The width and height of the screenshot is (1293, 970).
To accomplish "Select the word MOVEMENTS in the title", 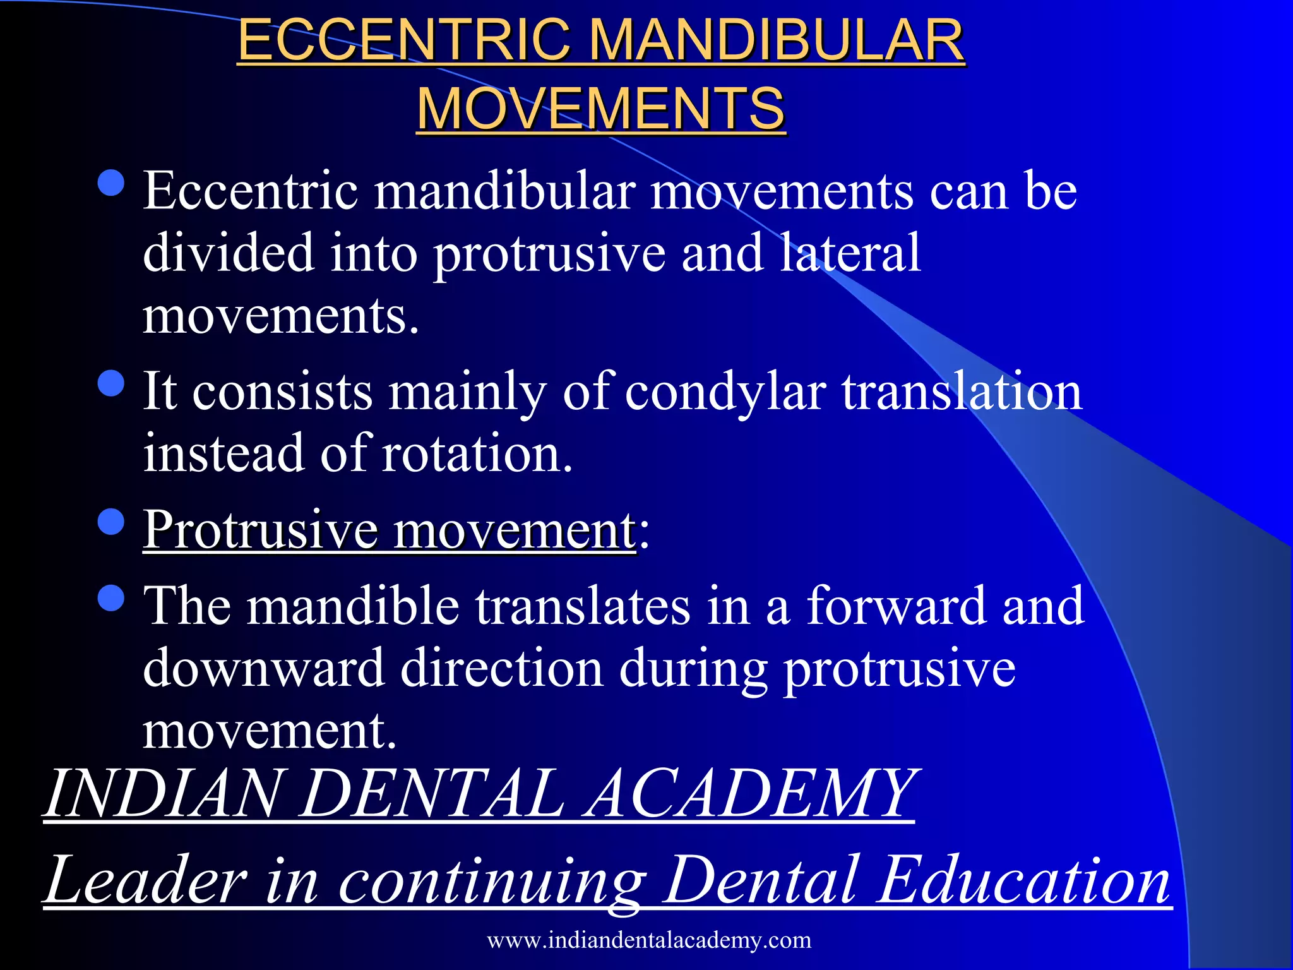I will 600,109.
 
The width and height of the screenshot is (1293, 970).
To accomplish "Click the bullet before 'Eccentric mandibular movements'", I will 112,183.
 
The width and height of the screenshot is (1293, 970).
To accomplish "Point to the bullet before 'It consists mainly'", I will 112,383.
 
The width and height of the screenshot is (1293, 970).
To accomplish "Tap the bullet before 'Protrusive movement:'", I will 112,522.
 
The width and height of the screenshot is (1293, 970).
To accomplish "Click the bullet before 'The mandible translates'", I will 112,597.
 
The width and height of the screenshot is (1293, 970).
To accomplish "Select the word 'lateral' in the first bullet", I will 850,253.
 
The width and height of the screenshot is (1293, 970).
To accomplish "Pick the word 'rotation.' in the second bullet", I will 478,453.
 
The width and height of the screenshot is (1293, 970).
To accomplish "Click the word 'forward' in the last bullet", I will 896,606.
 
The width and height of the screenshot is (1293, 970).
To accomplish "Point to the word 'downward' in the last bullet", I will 264,668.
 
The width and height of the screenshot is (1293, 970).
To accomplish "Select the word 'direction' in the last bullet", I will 502,668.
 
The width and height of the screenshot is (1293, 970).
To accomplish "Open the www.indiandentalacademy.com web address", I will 649,940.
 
